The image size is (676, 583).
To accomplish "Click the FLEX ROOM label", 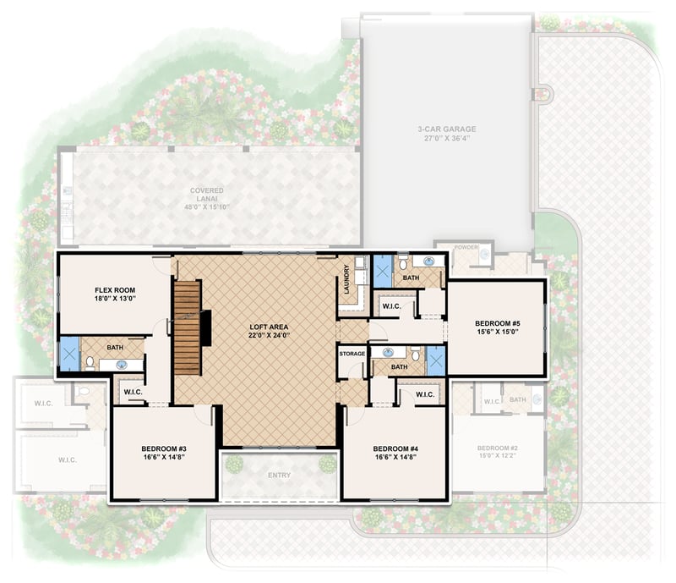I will (x=115, y=290).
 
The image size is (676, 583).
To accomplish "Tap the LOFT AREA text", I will (x=270, y=327).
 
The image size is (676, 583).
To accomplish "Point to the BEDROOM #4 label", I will (x=395, y=448).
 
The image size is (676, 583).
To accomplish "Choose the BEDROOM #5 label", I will (x=496, y=323).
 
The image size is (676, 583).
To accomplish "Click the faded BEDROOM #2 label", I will (x=496, y=448).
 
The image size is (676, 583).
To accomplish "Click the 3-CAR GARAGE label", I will (x=447, y=129).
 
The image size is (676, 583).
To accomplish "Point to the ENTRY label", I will (x=279, y=476).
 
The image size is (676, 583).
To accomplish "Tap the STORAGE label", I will (x=352, y=354).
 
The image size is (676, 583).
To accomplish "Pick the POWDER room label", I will (x=466, y=248).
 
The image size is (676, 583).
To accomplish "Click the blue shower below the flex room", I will (x=68, y=355).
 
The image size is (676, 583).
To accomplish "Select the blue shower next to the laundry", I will (x=383, y=272).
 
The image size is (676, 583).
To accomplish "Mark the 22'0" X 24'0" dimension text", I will (x=270, y=336).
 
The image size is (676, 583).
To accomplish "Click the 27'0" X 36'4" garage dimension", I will (x=447, y=139).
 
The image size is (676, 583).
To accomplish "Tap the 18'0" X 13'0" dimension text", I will (x=115, y=300).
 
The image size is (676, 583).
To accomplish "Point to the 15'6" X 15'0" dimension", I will (x=496, y=333).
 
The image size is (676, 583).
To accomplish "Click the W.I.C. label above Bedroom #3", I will (x=132, y=392).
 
